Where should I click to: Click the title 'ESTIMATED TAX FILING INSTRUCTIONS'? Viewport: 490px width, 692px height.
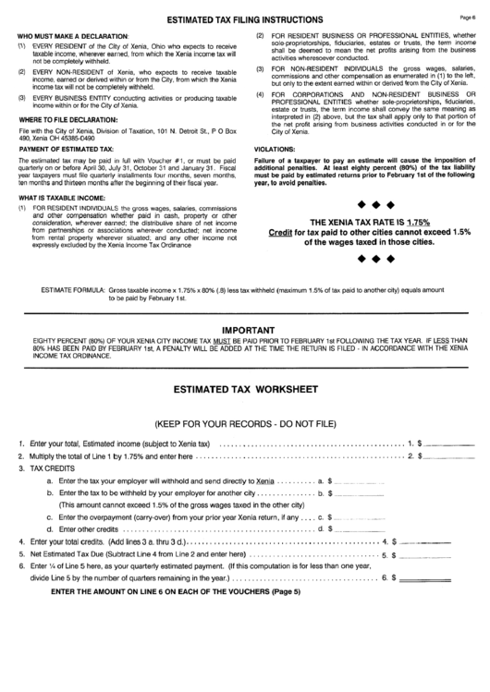(x=245, y=19)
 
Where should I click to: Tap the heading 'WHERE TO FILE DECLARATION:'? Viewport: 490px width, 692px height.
(x=60, y=119)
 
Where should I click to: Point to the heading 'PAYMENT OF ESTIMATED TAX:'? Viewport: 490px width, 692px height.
(x=60, y=149)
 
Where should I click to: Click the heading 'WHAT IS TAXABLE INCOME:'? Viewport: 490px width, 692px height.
(x=56, y=197)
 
